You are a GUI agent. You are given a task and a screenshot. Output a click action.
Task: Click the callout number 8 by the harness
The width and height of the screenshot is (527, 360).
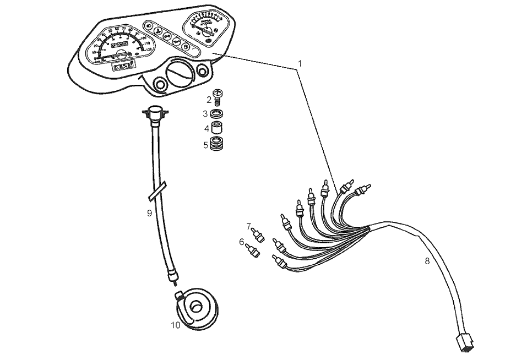427,261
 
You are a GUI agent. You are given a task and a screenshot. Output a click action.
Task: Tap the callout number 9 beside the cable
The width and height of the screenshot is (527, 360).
149,213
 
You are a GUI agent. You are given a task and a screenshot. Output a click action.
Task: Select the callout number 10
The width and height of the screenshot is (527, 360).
175,325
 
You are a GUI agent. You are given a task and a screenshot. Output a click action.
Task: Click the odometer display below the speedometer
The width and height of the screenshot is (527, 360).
123,66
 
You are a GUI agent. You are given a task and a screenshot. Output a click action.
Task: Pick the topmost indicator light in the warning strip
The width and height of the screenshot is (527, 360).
150,25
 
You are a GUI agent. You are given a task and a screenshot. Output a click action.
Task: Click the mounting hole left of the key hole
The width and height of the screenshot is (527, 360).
161,85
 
